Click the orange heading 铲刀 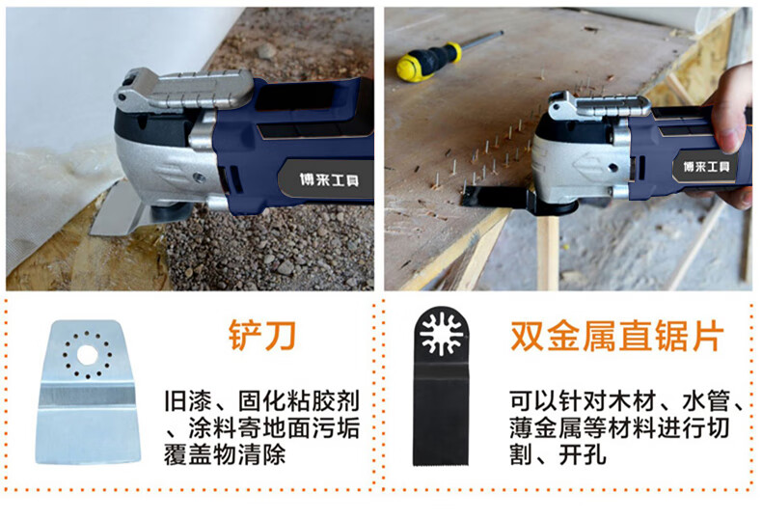(x=262, y=335)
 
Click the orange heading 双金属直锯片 (x=616, y=336)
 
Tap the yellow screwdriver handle (x=428, y=62)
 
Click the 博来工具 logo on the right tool (x=706, y=167)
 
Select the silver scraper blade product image (x=87, y=392)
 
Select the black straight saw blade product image (x=441, y=386)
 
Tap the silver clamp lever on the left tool (x=184, y=89)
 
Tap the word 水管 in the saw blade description (x=706, y=401)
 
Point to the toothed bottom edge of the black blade (x=441, y=463)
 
